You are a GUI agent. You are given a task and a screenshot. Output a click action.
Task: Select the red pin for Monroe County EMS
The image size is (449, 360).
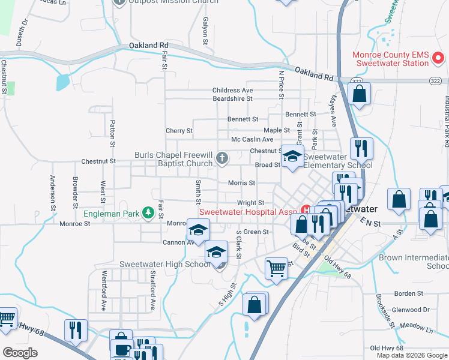pos(439,58)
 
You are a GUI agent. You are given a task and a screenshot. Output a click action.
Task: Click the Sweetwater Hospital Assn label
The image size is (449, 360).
pos(249,212)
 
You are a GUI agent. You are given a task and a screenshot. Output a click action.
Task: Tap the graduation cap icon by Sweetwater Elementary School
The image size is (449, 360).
pos(292,157)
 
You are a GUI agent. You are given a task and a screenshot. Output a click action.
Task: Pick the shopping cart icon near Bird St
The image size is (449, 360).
pos(276,268)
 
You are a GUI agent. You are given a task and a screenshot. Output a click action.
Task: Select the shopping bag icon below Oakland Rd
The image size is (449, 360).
pos(359,94)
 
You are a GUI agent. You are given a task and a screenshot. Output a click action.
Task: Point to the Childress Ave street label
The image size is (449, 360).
pos(233,91)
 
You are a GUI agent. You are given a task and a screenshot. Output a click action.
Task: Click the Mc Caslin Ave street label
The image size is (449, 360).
pos(252,140)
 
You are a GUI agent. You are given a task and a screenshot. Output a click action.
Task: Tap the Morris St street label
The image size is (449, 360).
pos(242,183)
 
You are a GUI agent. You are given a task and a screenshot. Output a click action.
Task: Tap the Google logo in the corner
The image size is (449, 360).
pos(20,353)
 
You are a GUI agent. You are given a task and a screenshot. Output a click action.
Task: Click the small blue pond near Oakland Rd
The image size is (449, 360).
pos(63,82)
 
